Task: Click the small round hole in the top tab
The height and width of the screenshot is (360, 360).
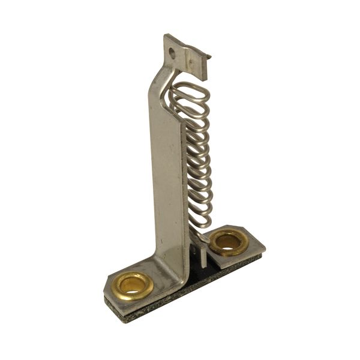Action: coord(172,53)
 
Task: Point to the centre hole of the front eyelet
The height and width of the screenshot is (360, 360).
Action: coord(132,284)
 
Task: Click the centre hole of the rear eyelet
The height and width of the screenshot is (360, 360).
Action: coord(228,242)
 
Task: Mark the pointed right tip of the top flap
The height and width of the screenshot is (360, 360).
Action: coord(210,58)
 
